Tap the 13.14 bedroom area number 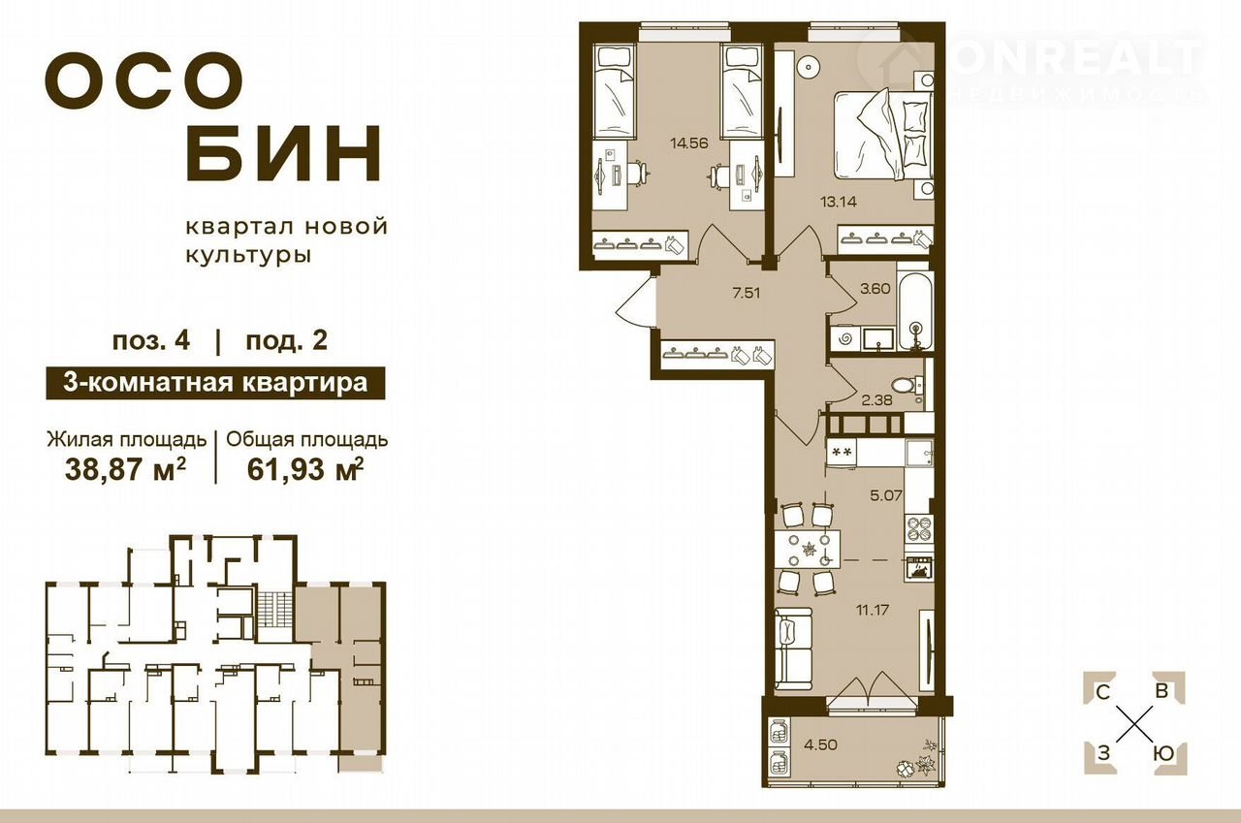[x=838, y=201]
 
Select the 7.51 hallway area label [x=747, y=293]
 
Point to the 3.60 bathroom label [x=875, y=289]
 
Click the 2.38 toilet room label [x=876, y=399]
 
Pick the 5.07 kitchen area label [x=886, y=494]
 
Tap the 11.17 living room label [x=872, y=610]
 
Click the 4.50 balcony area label [x=820, y=744]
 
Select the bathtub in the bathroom [x=916, y=309]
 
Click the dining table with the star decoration [x=808, y=549]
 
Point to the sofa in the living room [x=793, y=651]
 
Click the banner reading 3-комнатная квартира [x=215, y=383]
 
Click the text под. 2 [x=286, y=340]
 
